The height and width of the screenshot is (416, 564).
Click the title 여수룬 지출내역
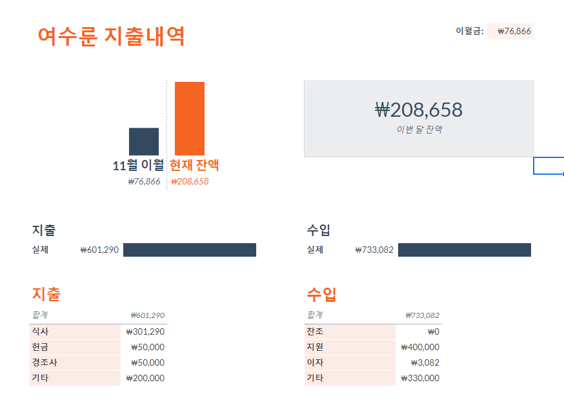(111, 36)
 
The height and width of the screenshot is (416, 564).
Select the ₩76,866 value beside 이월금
(514, 32)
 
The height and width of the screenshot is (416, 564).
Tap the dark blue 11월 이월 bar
(143, 141)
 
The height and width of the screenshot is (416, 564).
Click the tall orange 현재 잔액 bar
(189, 118)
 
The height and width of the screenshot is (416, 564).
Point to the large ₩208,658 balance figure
(418, 110)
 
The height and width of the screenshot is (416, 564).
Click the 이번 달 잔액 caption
(419, 130)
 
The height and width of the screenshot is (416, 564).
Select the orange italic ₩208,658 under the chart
(190, 181)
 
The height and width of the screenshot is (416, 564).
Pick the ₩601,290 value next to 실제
(99, 250)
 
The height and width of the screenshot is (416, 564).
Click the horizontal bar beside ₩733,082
(464, 250)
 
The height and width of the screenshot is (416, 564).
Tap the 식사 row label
(40, 332)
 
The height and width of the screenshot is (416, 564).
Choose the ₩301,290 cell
(145, 332)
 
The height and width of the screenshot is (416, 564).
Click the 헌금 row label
(40, 347)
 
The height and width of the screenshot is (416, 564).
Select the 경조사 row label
(44, 362)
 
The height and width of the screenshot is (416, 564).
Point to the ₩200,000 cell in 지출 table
(145, 379)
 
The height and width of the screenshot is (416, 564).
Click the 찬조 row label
(315, 332)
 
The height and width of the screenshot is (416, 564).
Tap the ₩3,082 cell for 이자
(425, 362)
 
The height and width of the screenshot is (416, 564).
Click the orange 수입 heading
(321, 295)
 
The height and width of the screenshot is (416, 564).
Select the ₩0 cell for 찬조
(433, 332)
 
